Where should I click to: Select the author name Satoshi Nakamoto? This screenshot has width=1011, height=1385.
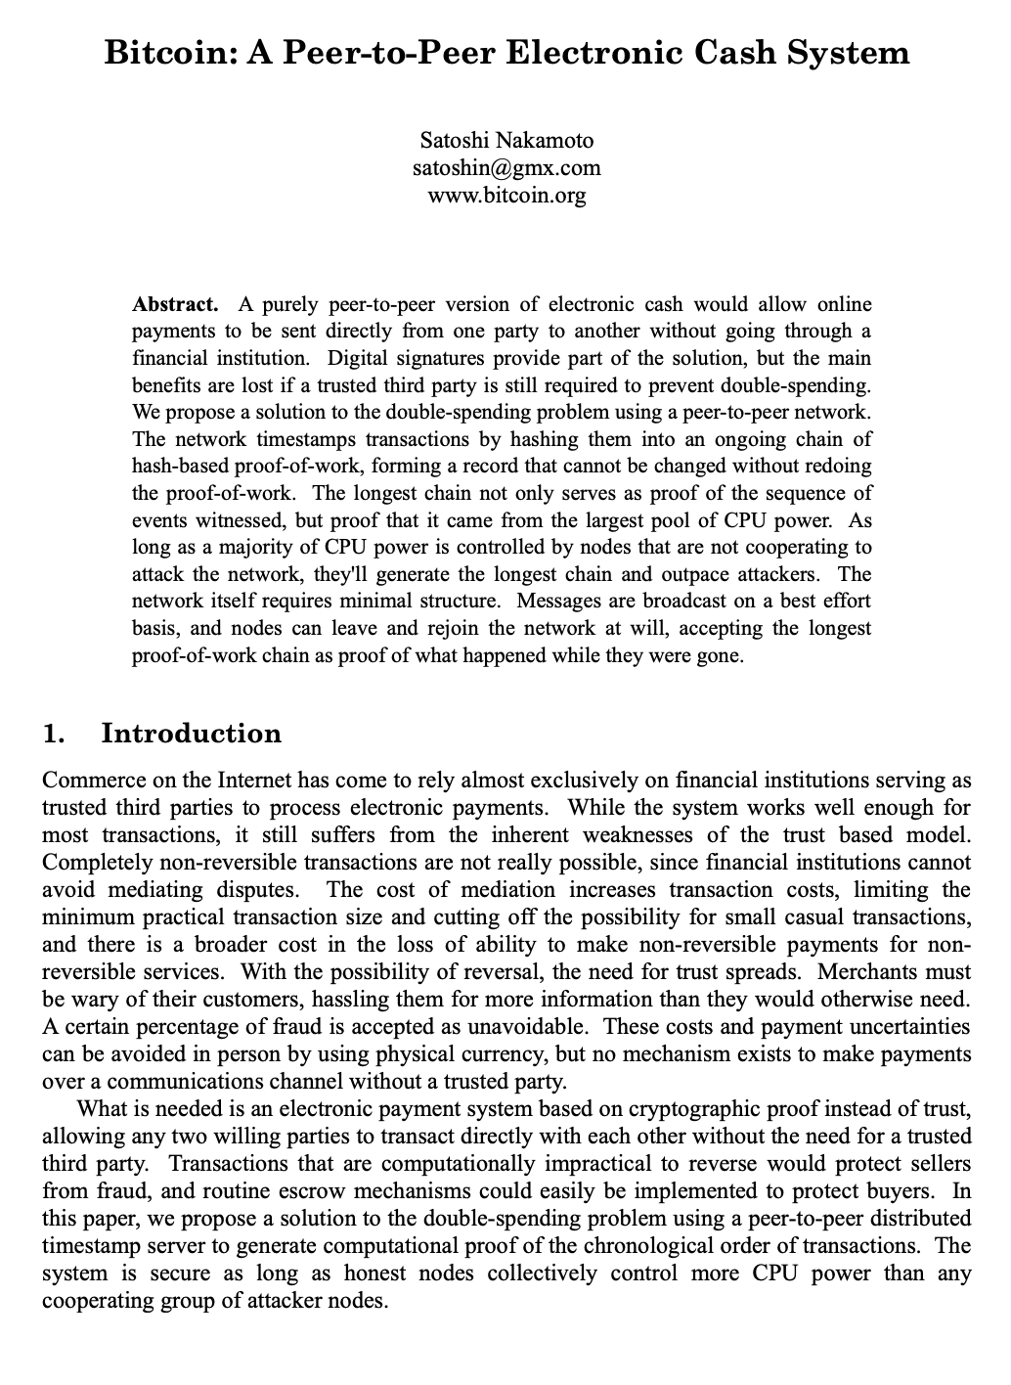coord(506,140)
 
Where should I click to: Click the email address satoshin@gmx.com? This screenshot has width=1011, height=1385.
coord(506,167)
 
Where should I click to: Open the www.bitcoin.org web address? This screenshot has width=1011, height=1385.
coord(506,195)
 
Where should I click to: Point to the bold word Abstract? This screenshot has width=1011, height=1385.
coord(174,304)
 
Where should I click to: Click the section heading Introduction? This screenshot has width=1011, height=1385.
coord(192,734)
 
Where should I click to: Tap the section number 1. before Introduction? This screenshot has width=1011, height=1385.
coord(55,734)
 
